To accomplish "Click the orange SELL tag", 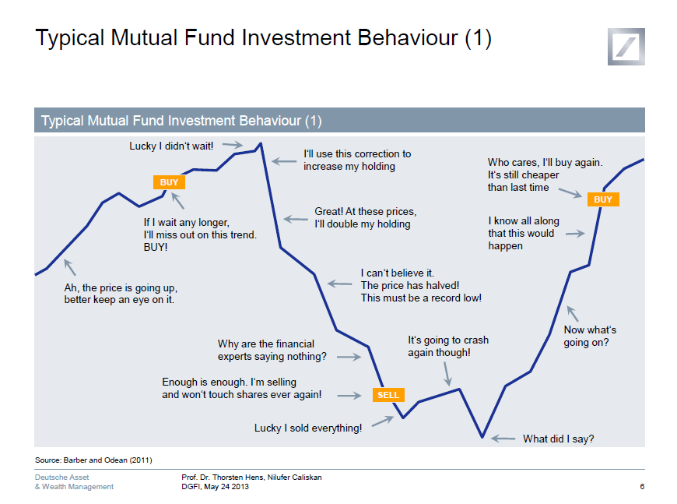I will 388,395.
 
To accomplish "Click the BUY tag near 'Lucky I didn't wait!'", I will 169,182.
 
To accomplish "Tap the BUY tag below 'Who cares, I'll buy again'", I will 603,199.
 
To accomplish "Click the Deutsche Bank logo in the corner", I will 626,46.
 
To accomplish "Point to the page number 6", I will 641,487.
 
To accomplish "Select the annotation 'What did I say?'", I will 558,439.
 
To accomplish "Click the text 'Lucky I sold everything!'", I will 308,428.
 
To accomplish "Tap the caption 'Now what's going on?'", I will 590,336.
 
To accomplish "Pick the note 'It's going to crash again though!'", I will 448,346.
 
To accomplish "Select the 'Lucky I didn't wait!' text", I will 171,146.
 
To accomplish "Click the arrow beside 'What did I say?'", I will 503,439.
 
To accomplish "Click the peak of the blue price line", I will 260,144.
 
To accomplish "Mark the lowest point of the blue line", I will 482,436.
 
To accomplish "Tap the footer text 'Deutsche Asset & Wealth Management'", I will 74,481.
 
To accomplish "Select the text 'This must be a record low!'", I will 421,298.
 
